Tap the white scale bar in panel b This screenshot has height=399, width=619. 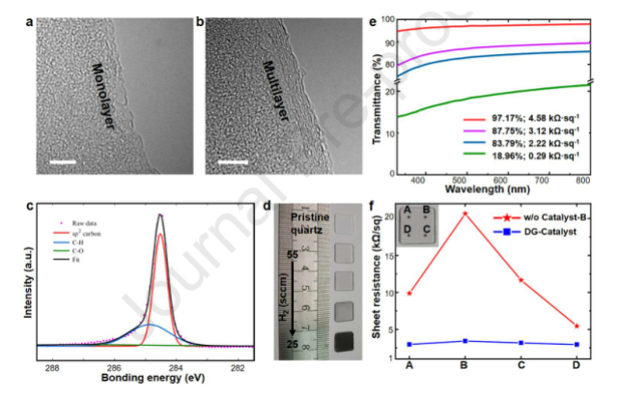pyautogui.click(x=232, y=160)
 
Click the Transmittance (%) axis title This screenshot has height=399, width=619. pyautogui.click(x=377, y=93)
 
